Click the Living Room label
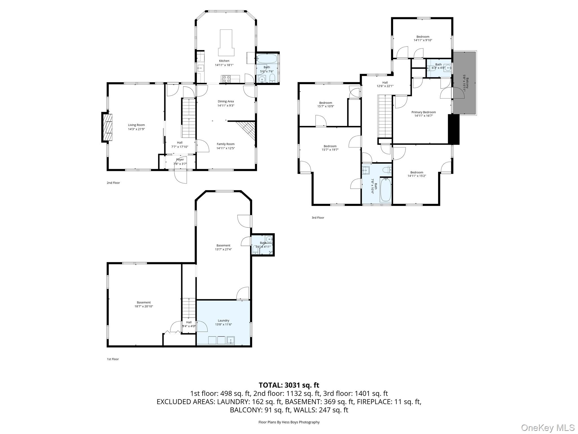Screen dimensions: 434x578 pyautogui.click(x=136, y=125)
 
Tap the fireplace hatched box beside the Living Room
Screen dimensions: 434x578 pyautogui.click(x=107, y=127)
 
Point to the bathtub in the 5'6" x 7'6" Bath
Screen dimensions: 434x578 pyautogui.click(x=267, y=58)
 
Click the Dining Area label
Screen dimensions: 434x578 pyautogui.click(x=225, y=101)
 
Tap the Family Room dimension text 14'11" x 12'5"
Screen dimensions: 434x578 pyautogui.click(x=225, y=148)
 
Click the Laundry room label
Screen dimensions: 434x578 pyautogui.click(x=223, y=320)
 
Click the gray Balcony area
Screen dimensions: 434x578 pyautogui.click(x=465, y=83)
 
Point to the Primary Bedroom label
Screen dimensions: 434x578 pyautogui.click(x=423, y=112)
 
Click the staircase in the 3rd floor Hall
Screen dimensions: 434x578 pyautogui.click(x=385, y=116)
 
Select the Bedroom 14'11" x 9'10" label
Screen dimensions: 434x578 pyautogui.click(x=423, y=37)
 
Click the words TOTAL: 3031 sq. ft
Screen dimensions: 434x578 pyautogui.click(x=289, y=385)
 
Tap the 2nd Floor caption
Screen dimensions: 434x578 pyautogui.click(x=113, y=183)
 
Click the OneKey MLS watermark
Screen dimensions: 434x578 pyautogui.click(x=548, y=428)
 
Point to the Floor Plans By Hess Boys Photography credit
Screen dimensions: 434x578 pyautogui.click(x=289, y=422)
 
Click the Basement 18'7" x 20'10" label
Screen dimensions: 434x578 pyautogui.click(x=144, y=302)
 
